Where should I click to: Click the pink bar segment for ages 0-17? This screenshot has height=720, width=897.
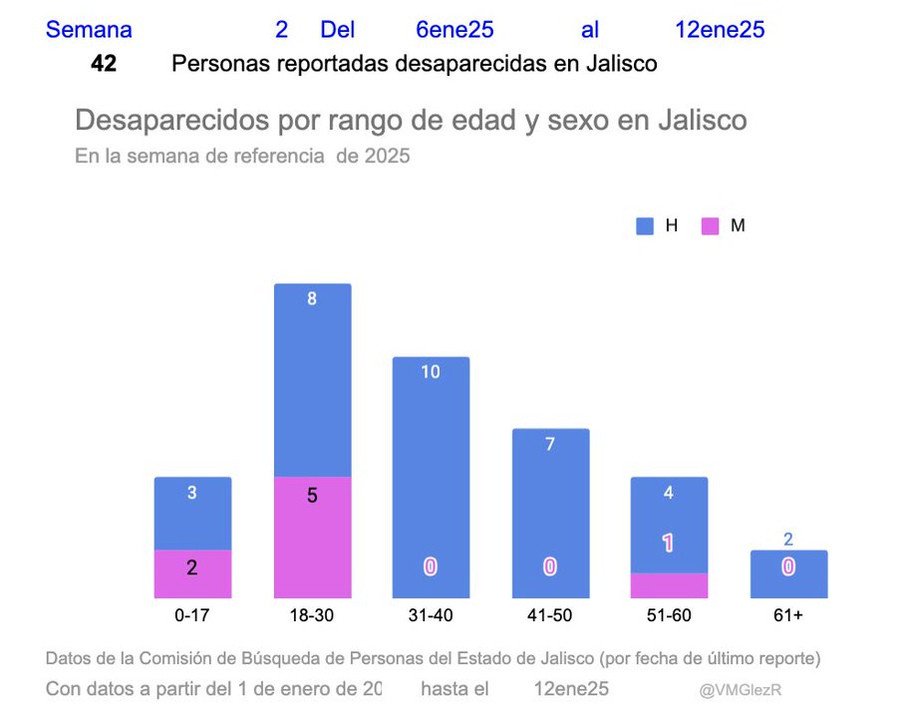[x=192, y=573]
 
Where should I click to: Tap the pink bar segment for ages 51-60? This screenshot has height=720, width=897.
[x=669, y=585]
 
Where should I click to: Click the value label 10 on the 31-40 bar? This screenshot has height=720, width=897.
[x=431, y=372]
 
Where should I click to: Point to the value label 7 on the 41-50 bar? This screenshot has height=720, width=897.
[x=550, y=445]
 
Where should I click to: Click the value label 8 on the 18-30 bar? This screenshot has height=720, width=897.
[x=312, y=298]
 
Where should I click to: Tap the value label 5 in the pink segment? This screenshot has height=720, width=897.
[x=312, y=495]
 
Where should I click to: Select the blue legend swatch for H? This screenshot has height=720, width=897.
[x=645, y=226]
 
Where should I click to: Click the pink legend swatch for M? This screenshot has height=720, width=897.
[x=710, y=226]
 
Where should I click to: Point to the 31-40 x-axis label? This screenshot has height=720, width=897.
[x=431, y=615]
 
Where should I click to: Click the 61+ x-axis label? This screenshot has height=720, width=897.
[x=788, y=615]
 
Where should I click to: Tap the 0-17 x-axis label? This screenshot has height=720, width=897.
[x=192, y=615]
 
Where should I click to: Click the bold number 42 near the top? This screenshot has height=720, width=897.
[x=104, y=64]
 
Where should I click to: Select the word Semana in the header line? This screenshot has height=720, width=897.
[x=89, y=30]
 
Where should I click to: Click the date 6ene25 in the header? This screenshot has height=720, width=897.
[x=454, y=30]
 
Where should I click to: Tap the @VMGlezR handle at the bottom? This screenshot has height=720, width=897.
[x=739, y=690]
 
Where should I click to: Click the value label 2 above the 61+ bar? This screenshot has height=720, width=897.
[x=788, y=540]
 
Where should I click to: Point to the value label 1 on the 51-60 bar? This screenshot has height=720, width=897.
[x=669, y=543]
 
